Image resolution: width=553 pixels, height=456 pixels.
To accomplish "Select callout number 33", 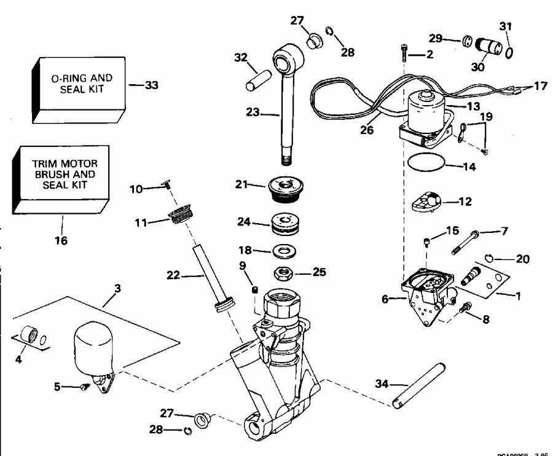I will click(x=151, y=85).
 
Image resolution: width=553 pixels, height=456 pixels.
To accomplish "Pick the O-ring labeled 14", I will click(x=425, y=164).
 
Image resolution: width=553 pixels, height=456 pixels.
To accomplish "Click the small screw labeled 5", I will click(x=85, y=386).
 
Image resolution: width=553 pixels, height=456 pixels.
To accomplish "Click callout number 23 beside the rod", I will click(x=253, y=112).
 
